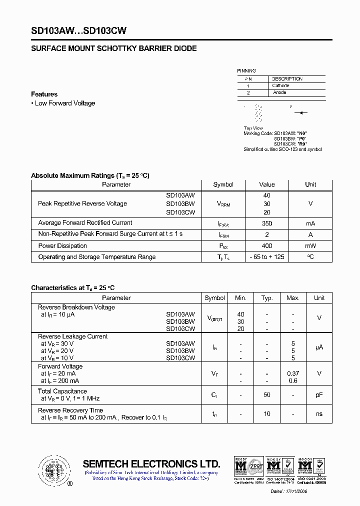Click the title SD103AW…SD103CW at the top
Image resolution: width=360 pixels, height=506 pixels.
coord(78,30)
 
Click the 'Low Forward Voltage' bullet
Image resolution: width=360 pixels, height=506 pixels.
coord(64,103)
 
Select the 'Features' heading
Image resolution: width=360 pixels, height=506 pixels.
coord(44,94)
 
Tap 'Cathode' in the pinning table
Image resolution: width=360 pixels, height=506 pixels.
coord(280,86)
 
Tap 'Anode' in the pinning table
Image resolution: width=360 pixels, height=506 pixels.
coord(279,93)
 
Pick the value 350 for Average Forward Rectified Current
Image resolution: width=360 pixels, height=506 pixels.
coord(266,223)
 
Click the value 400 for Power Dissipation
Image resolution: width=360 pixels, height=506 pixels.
coord(266,246)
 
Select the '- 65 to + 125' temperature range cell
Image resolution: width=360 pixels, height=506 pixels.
coord(266,257)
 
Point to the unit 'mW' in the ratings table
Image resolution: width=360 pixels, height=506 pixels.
coord(310,246)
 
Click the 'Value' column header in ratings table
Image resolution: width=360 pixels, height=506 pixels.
coord(266,184)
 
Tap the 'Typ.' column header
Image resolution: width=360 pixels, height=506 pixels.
coord(267,298)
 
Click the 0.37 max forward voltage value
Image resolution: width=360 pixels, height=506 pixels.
coord(293,373)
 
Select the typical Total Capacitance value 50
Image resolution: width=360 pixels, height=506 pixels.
coord(267,395)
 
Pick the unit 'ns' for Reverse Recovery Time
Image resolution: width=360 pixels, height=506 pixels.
coord(319,414)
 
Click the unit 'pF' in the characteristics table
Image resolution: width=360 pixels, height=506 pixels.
coord(319,395)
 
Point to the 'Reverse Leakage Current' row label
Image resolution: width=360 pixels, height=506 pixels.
coord(73,336)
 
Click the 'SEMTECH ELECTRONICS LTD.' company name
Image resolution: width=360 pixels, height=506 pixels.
coord(151,463)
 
